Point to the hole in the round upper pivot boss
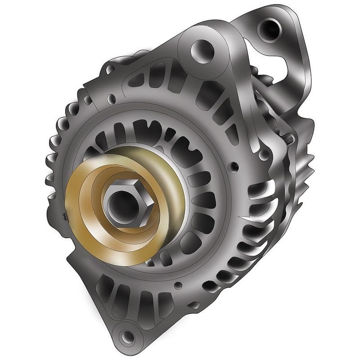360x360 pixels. click(x=201, y=49)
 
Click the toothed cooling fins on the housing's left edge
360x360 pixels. click(x=56, y=148)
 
